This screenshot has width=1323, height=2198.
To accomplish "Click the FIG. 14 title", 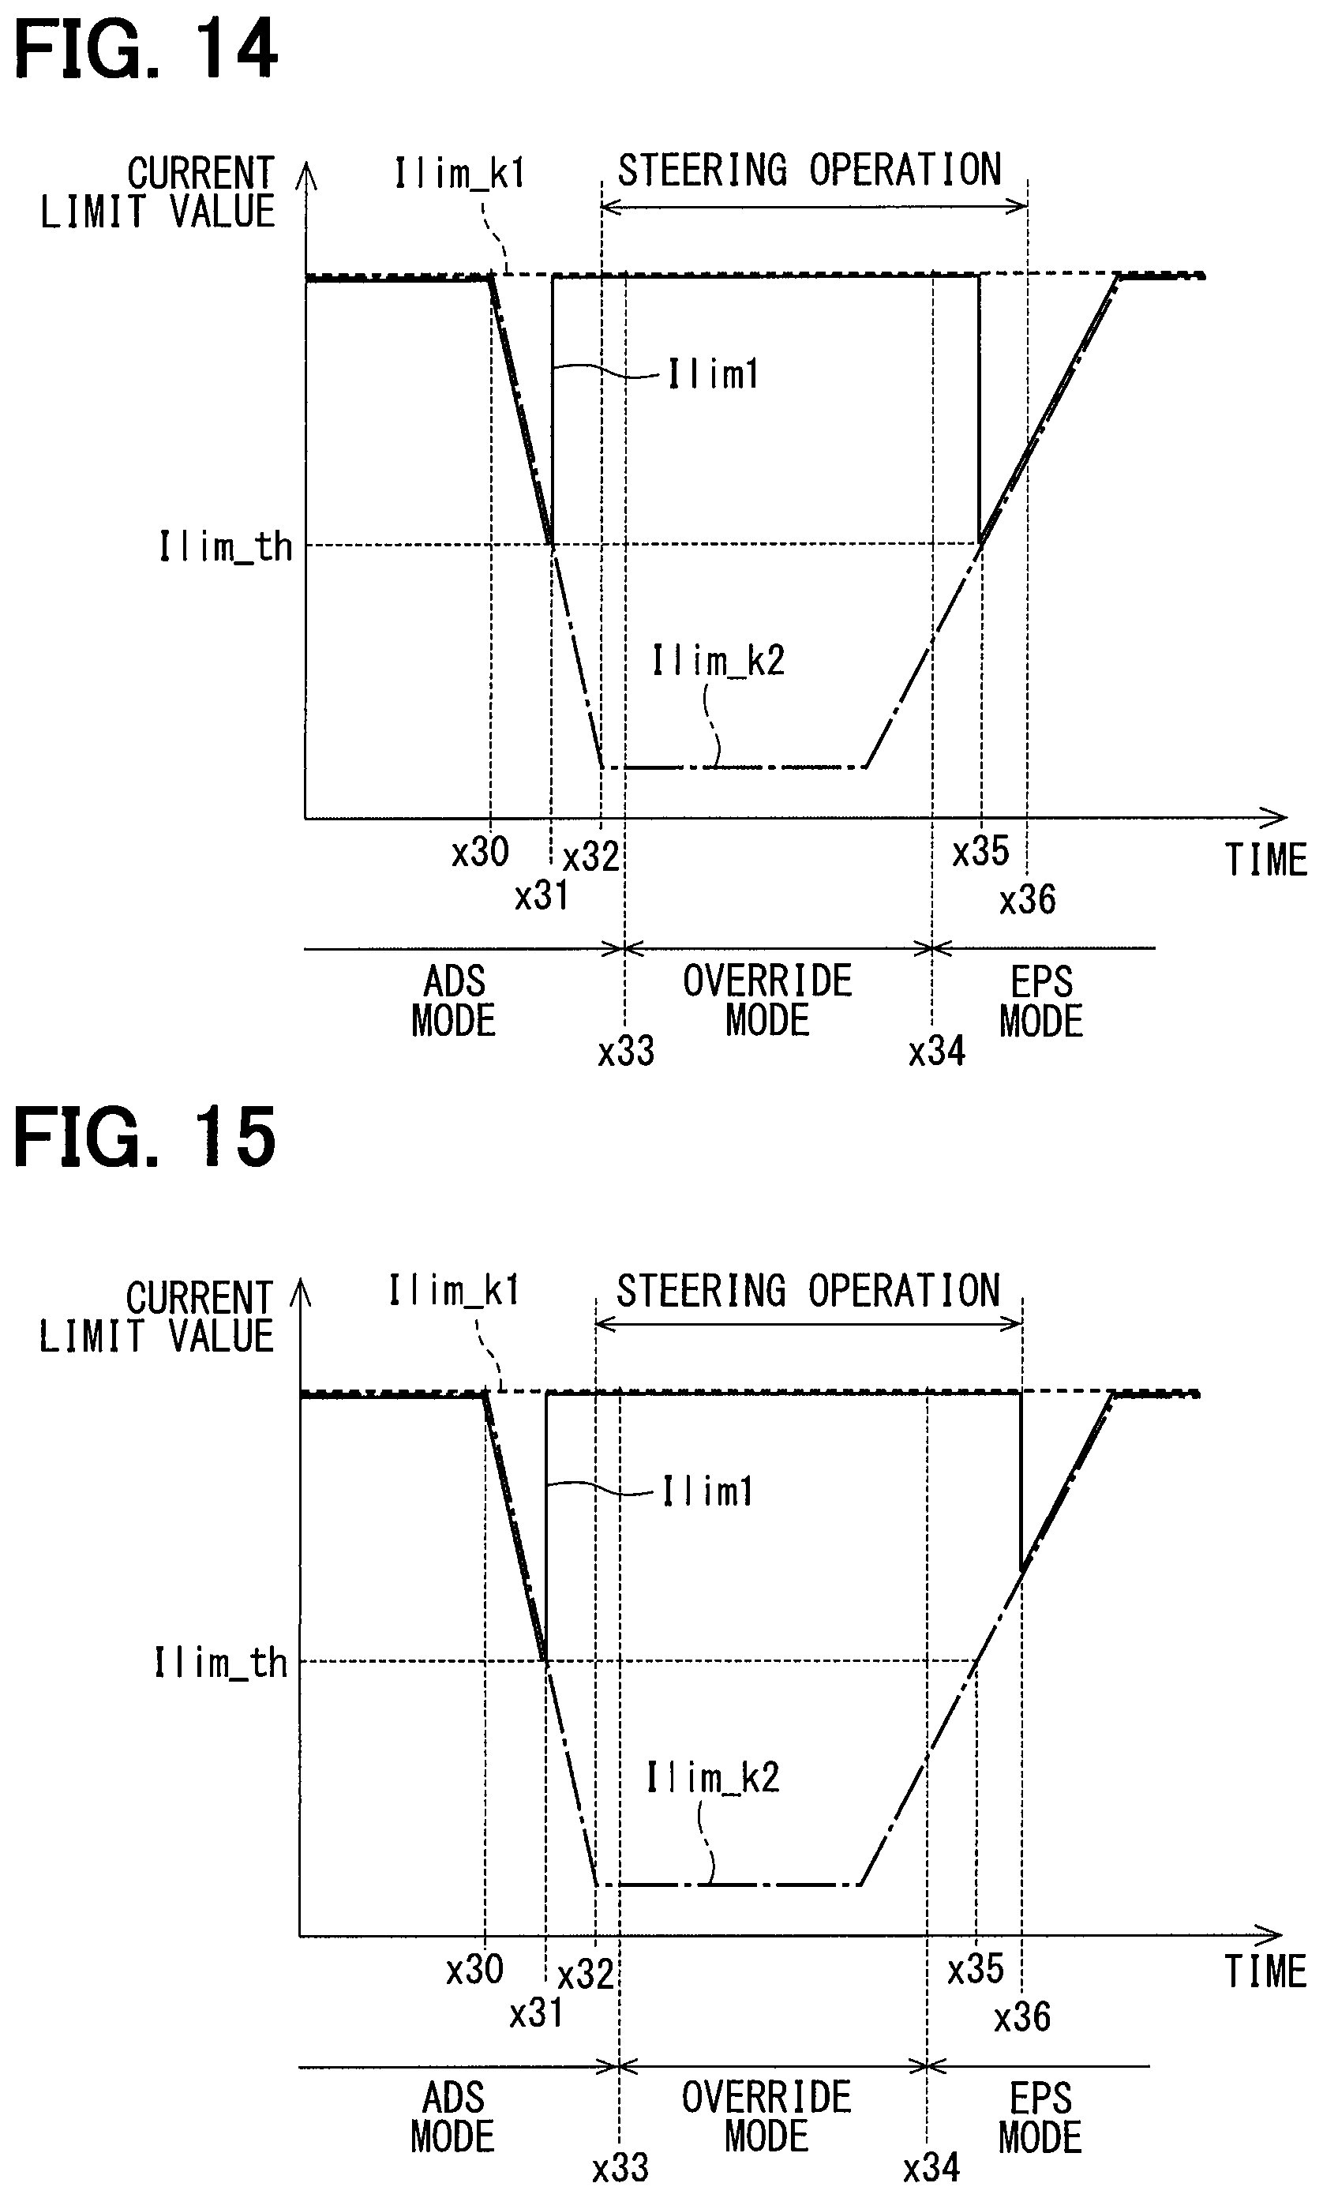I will tap(146, 52).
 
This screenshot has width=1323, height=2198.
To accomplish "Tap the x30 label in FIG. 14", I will tap(480, 853).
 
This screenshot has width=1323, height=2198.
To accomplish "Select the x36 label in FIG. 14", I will tap(1027, 901).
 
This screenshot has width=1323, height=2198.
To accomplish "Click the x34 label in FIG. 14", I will tap(936, 1052).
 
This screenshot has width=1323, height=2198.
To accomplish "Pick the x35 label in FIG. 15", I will tap(976, 1969).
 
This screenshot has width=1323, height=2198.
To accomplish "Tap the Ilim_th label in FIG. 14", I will tap(226, 546).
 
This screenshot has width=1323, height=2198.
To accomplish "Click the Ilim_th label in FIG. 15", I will tap(221, 1664).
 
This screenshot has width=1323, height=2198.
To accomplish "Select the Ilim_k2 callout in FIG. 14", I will tap(718, 662).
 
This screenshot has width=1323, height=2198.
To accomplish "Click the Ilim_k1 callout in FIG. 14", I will tap(459, 174).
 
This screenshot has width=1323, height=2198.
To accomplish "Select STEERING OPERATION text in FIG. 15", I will tap(808, 1291).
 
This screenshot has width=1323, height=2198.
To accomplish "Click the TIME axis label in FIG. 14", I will tap(1265, 861).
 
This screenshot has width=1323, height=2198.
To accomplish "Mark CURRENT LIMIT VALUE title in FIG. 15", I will tap(157, 1317).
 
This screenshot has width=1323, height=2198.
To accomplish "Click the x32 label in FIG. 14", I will tap(590, 857).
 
